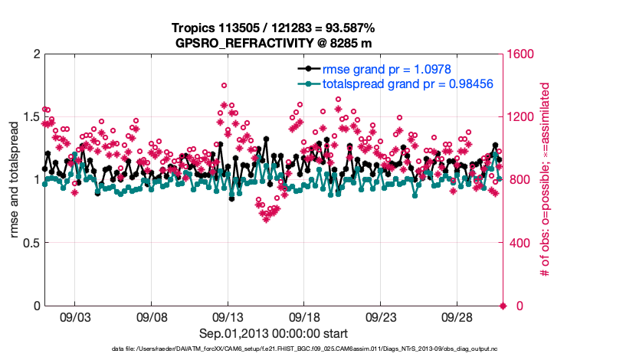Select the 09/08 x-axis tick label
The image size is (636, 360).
[152, 316]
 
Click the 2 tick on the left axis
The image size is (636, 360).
[35, 54]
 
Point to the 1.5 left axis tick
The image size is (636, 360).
[30, 117]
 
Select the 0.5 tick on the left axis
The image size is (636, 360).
[30, 243]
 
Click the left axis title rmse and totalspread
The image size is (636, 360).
[15, 180]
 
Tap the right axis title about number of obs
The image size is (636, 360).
[546, 180]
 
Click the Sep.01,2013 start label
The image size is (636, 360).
[274, 333]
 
